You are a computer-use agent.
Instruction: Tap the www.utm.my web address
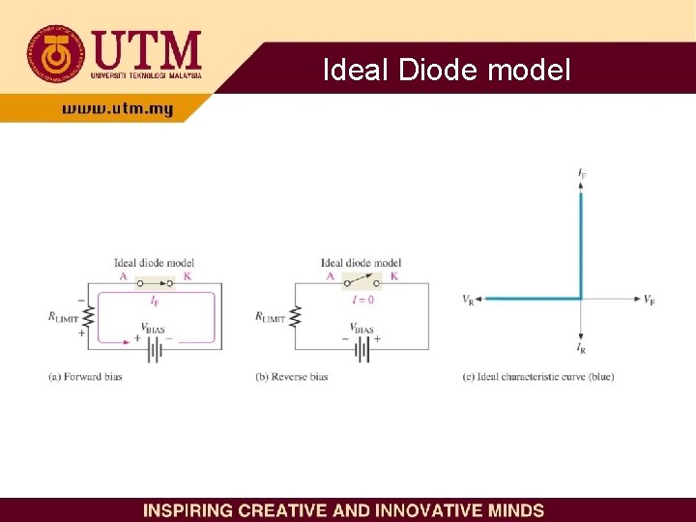coord(117,110)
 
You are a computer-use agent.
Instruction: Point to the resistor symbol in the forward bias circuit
coord(88,316)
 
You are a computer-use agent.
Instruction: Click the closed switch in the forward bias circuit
coord(155,283)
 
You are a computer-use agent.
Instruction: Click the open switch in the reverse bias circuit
coord(362,282)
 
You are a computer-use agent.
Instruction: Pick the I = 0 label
coord(362,300)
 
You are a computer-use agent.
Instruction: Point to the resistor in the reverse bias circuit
coord(296,316)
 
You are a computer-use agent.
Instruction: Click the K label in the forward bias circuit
coord(187,276)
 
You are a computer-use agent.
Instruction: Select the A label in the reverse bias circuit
coord(331,276)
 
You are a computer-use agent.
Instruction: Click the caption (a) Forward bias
coord(85,376)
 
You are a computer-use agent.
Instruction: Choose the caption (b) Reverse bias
coord(292,376)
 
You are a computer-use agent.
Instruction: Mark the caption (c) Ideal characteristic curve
coord(538,376)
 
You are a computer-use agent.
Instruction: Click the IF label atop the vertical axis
coord(582,173)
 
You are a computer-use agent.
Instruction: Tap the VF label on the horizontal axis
coord(650,300)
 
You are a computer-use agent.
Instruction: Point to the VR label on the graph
coord(468,300)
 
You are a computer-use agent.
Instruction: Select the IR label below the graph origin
coord(581,346)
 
